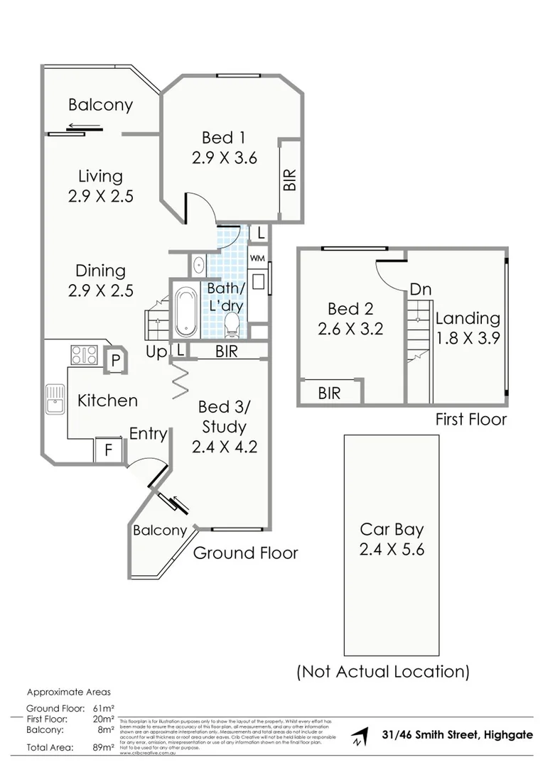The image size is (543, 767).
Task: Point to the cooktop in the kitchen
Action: [84, 354]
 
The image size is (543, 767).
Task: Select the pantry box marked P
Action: [114, 360]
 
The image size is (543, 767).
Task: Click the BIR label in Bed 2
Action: [329, 392]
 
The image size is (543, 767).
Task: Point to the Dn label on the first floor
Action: [421, 290]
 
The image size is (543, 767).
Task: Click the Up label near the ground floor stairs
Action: [156, 352]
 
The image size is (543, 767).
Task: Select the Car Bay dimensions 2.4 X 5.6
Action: [392, 549]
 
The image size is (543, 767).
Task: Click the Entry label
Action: [148, 434]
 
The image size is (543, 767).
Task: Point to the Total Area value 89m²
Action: [104, 747]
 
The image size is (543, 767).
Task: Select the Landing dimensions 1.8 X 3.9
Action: [468, 338]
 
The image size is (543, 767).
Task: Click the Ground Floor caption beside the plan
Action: [245, 553]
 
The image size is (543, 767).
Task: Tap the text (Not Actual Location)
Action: [382, 671]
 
